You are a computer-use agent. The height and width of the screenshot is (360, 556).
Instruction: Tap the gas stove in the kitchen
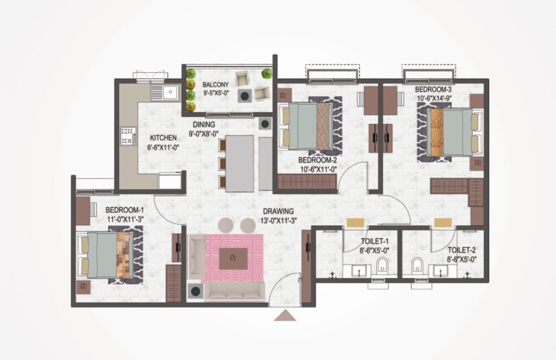click(x=128, y=136)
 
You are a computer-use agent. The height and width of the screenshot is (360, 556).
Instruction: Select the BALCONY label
click(x=216, y=85)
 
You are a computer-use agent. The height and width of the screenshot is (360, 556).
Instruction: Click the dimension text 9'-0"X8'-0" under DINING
click(x=204, y=134)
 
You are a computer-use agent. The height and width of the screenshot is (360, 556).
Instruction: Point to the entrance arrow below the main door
click(x=285, y=315)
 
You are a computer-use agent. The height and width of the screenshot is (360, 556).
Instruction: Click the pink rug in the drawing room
click(x=232, y=258)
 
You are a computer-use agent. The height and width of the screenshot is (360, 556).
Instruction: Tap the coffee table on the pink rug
click(x=233, y=258)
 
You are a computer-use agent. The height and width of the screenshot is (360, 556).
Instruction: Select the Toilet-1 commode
click(x=382, y=264)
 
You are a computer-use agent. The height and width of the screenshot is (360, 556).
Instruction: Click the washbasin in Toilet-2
click(x=438, y=271)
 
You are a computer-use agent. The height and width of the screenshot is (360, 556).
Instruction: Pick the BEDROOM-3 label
click(x=433, y=90)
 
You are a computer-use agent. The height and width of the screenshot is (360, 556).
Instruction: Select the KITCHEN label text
click(x=163, y=137)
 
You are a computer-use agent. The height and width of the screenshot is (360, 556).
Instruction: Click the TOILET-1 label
click(x=375, y=242)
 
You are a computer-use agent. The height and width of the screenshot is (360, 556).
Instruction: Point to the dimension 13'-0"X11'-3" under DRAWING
click(x=279, y=220)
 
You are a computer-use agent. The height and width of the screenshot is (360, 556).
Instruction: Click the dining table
click(x=239, y=163)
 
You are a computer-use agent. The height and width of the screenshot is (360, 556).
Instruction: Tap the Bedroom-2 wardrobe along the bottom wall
click(x=307, y=181)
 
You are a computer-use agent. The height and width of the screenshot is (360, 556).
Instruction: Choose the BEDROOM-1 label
click(x=125, y=210)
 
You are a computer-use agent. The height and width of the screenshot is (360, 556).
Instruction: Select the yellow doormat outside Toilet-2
click(x=443, y=223)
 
